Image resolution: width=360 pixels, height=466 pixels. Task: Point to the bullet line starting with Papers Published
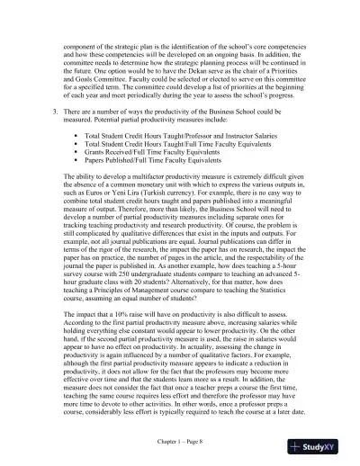coord(144,161)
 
